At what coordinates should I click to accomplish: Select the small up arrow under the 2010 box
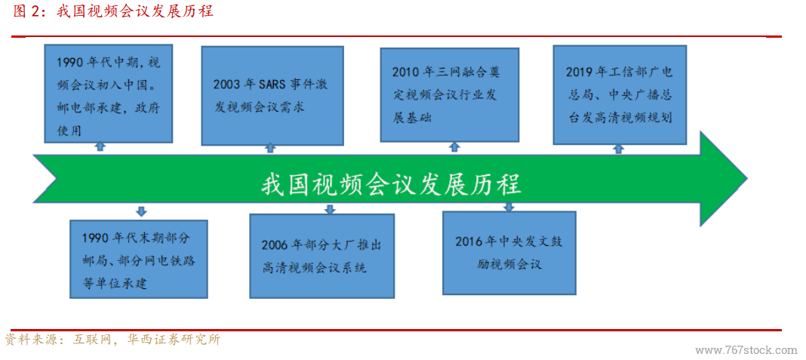454,147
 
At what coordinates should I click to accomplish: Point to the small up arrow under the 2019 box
620,148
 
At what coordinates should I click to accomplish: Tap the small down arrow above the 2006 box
331,209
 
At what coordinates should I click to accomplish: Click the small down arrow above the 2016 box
509,207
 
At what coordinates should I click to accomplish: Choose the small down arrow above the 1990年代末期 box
141,211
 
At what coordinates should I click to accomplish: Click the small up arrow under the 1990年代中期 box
101,146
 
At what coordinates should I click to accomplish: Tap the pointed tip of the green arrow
747,179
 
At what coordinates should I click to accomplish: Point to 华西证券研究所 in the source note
175,340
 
